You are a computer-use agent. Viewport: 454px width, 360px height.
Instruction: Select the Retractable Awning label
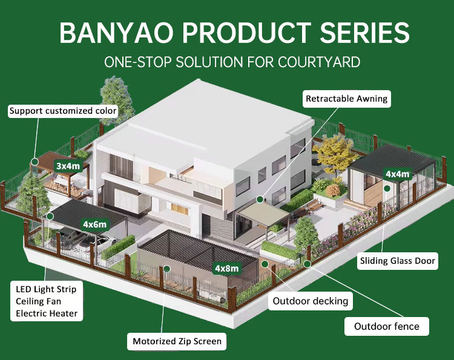[x=346, y=99]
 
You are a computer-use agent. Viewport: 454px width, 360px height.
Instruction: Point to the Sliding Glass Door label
[x=397, y=261]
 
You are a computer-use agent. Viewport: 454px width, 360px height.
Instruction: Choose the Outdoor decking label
[x=311, y=301]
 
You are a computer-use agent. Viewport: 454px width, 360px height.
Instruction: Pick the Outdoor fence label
[x=386, y=327]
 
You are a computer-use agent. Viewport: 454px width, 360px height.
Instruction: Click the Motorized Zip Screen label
[x=177, y=341]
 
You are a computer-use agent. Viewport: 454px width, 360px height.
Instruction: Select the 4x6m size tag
[x=95, y=224]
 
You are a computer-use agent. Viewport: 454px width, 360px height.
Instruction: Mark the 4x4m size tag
[x=397, y=174]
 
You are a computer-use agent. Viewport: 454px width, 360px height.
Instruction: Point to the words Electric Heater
[x=46, y=313]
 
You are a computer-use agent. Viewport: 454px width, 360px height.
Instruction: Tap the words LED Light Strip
[x=46, y=289]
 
